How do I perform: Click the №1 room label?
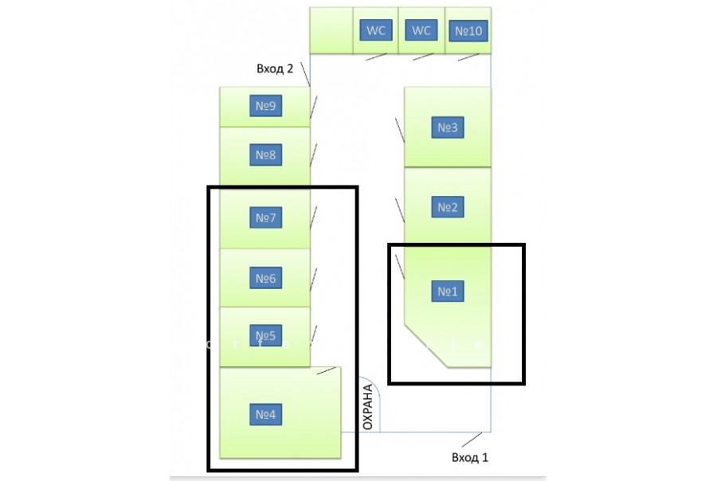coord(447,291)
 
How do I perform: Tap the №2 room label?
coord(447,208)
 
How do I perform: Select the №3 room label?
coord(447,127)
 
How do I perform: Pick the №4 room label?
coord(265,414)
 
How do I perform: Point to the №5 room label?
coord(265,336)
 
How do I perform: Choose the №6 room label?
coord(265,278)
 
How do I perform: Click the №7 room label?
coord(265,217)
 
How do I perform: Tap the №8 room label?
coord(265,154)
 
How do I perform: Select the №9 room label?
coord(265,107)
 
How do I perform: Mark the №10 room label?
coord(467,31)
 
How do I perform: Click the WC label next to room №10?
coord(421,30)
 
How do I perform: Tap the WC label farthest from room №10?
coord(375,30)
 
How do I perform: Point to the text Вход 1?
coord(469,457)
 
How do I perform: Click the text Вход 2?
coord(275,69)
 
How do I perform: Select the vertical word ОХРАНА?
coord(367,407)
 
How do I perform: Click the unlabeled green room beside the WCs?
coord(331,30)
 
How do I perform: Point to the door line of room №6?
coord(315,279)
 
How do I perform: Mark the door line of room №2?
coord(400,208)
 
